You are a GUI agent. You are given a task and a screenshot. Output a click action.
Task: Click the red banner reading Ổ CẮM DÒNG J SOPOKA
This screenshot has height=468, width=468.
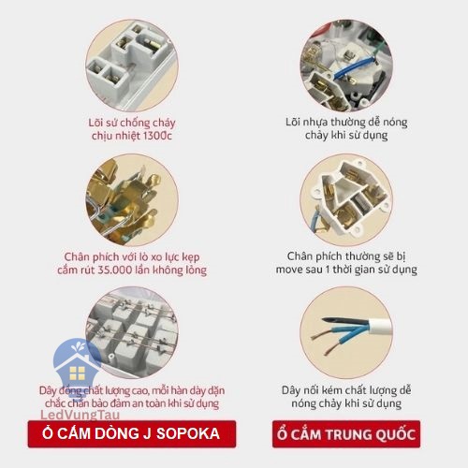coord(132,434)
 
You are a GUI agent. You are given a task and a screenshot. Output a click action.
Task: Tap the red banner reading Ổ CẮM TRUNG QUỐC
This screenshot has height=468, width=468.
coord(346,434)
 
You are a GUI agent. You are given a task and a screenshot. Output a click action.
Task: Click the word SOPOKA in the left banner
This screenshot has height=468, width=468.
coord(188,433)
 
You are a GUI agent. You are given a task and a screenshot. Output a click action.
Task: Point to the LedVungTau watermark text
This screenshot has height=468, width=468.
coord(80,415)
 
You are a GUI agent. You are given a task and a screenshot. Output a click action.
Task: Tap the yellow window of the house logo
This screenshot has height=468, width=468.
coord(77,373)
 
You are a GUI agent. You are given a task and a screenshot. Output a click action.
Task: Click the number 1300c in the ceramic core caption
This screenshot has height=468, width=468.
coord(157,136)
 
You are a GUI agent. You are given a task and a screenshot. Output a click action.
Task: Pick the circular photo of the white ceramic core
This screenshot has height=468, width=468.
coord(132,65)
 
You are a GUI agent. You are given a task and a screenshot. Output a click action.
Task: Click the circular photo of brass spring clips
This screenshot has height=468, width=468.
coord(132,200)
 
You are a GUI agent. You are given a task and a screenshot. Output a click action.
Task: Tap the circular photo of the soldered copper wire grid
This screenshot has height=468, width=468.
coord(132,332)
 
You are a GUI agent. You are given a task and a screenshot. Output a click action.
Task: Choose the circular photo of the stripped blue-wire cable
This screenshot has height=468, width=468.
coord(346,332)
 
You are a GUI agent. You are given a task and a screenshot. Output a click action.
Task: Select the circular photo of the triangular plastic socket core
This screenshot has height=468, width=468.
coord(346,200)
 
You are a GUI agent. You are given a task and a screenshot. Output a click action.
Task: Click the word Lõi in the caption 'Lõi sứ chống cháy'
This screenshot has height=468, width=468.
coord(95,123)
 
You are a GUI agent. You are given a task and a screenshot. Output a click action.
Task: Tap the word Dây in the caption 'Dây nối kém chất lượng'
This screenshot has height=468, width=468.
coord(291,391)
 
